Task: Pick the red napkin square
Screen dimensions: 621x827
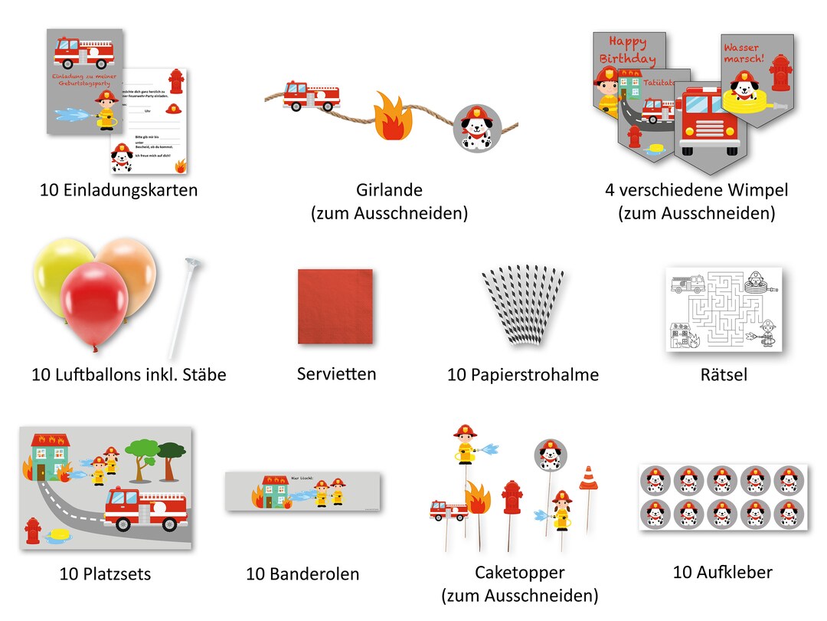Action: (x=335, y=306)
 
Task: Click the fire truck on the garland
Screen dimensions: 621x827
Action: (x=311, y=96)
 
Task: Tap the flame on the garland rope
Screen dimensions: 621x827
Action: (x=394, y=117)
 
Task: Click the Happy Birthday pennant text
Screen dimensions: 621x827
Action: (x=627, y=51)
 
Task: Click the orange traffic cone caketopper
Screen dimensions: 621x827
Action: (x=588, y=478)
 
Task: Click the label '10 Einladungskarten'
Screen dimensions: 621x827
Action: (x=119, y=189)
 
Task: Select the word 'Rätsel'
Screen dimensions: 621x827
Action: (x=724, y=374)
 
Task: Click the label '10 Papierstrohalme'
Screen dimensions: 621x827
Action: (x=523, y=375)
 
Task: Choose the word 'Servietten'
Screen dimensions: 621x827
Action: (x=337, y=374)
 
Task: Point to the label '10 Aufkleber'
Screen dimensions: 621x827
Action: (x=723, y=572)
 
